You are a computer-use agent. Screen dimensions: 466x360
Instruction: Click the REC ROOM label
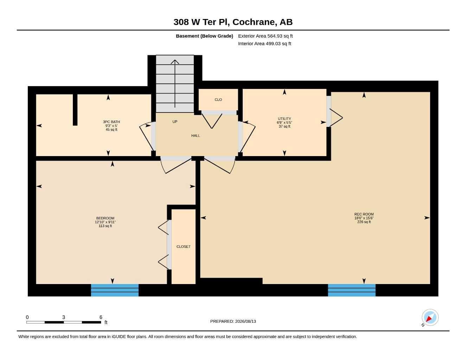point(364,214)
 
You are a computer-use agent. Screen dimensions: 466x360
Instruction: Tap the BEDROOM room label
point(105,218)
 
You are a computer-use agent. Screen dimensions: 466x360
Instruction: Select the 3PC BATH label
point(111,122)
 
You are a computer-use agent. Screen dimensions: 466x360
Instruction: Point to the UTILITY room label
point(285,119)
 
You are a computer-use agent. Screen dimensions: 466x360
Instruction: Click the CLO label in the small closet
point(218,99)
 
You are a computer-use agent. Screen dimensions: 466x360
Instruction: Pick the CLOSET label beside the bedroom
point(183,247)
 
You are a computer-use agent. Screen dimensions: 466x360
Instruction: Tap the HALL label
point(195,136)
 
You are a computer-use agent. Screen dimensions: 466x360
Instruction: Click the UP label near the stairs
point(175,122)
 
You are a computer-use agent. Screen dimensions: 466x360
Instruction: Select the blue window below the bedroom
point(115,290)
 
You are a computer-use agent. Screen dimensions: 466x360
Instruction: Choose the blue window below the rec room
point(352,290)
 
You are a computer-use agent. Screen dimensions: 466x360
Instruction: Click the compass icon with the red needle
point(430,317)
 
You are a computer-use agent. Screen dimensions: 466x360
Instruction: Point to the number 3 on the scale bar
point(63,317)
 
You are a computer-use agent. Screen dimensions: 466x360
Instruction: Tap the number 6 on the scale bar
point(101,317)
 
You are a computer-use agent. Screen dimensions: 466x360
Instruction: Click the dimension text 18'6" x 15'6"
point(364,218)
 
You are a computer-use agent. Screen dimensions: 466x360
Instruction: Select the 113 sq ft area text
point(105,226)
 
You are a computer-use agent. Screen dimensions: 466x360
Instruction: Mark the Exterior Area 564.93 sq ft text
point(265,36)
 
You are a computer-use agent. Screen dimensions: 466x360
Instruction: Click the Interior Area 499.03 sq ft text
point(264,44)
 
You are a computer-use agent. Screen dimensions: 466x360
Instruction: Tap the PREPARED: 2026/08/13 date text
point(233,321)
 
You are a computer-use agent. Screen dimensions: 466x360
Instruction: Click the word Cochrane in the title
point(254,22)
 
